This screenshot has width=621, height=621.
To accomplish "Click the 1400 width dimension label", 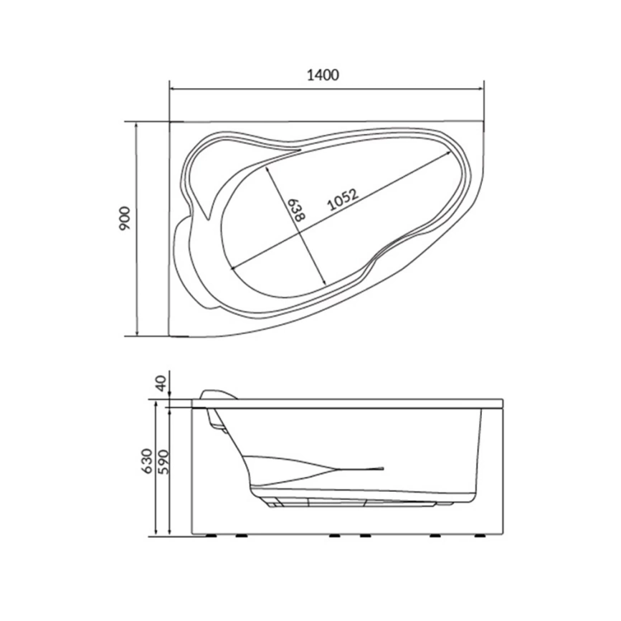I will tap(324, 75).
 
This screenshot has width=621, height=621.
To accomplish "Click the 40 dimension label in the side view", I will tap(163, 384).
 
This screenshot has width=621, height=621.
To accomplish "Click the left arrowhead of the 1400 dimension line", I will tap(171, 90).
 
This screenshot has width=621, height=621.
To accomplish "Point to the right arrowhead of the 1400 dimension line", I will tap(483, 90).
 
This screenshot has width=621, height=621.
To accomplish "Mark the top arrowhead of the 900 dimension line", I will tap(136, 123).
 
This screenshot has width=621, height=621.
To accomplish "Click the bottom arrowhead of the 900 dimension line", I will tap(136, 333).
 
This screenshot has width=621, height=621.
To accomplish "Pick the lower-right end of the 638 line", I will tap(331, 285).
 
